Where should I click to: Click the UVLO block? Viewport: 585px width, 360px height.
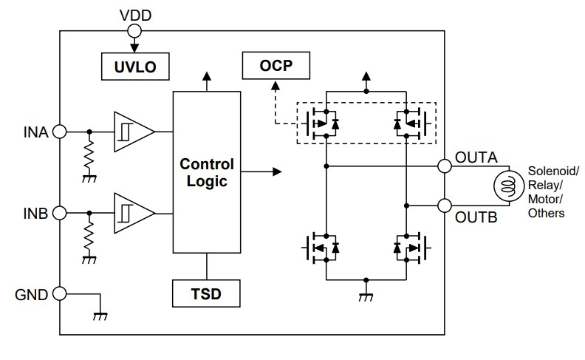pyautogui.click(x=134, y=67)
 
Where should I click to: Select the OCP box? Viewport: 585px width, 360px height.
pyautogui.click(x=276, y=66)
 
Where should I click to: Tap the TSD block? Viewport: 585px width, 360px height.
pyautogui.click(x=207, y=294)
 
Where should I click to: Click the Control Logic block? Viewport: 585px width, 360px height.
pyautogui.click(x=207, y=172)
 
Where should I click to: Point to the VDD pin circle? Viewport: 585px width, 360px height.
pyautogui.click(x=134, y=30)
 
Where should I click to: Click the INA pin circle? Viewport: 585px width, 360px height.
pyautogui.click(x=60, y=132)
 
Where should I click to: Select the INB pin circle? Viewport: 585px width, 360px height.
pyautogui.click(x=60, y=213)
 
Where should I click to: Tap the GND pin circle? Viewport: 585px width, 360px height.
pyautogui.click(x=60, y=293)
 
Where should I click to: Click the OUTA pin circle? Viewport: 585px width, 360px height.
pyautogui.click(x=445, y=166)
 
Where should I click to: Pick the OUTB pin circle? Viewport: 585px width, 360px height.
pyautogui.click(x=445, y=206)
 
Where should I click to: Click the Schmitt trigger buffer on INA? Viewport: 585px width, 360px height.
pyautogui.click(x=133, y=132)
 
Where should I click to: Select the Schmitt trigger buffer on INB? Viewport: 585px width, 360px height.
pyautogui.click(x=133, y=213)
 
